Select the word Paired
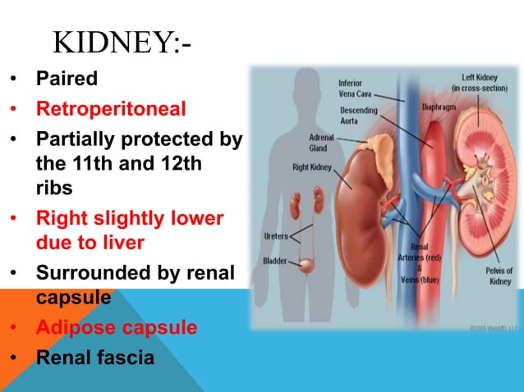pos(67,80)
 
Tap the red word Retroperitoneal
pos(111,108)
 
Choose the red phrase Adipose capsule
pos(116,328)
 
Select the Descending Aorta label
pos(359,115)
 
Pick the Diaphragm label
pos(439,106)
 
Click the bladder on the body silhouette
pos(306,267)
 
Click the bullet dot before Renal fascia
pos(14,358)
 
